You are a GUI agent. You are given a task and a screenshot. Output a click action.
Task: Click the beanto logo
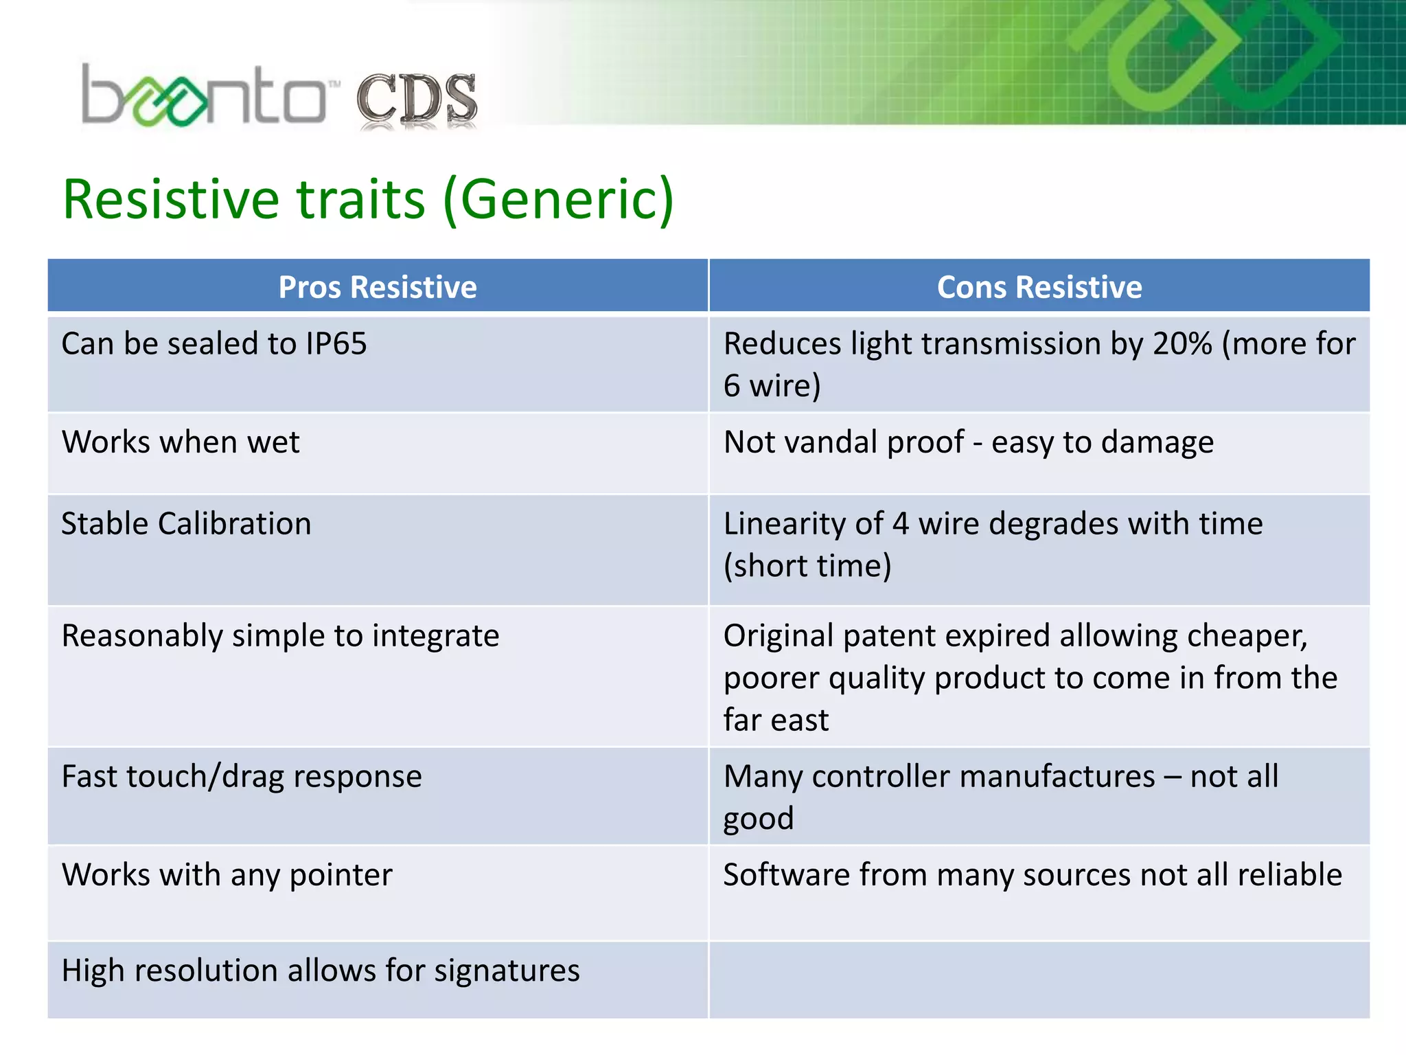(206, 96)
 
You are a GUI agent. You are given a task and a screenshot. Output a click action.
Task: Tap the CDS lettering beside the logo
(417, 100)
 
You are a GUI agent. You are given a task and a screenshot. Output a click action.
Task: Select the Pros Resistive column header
(378, 287)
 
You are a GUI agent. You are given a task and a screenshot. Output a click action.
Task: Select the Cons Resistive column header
(1039, 287)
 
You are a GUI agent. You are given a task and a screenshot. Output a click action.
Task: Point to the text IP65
(336, 343)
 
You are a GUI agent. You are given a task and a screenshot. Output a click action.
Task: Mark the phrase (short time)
(807, 566)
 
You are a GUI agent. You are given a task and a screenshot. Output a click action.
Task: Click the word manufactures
(983, 777)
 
